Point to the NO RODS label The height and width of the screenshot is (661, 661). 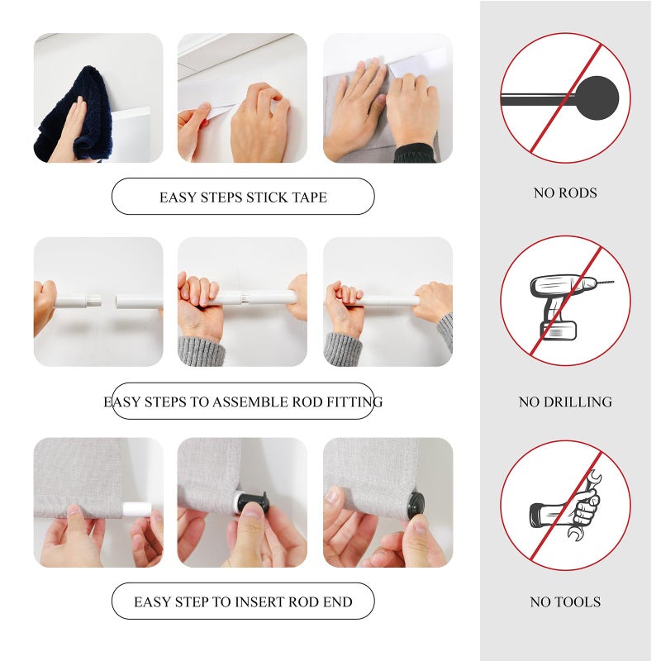565,193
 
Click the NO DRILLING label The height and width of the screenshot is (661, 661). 565,402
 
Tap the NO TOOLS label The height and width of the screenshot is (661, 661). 565,602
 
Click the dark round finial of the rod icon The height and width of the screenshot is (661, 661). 597,97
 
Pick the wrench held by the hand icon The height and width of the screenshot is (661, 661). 587,506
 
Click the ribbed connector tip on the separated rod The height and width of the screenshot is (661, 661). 94,301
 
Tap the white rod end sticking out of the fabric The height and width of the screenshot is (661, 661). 136,509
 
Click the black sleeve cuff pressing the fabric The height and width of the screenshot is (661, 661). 414,154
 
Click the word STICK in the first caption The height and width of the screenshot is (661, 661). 264,197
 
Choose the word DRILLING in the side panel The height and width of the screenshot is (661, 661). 578,402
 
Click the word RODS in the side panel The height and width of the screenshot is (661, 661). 578,193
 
